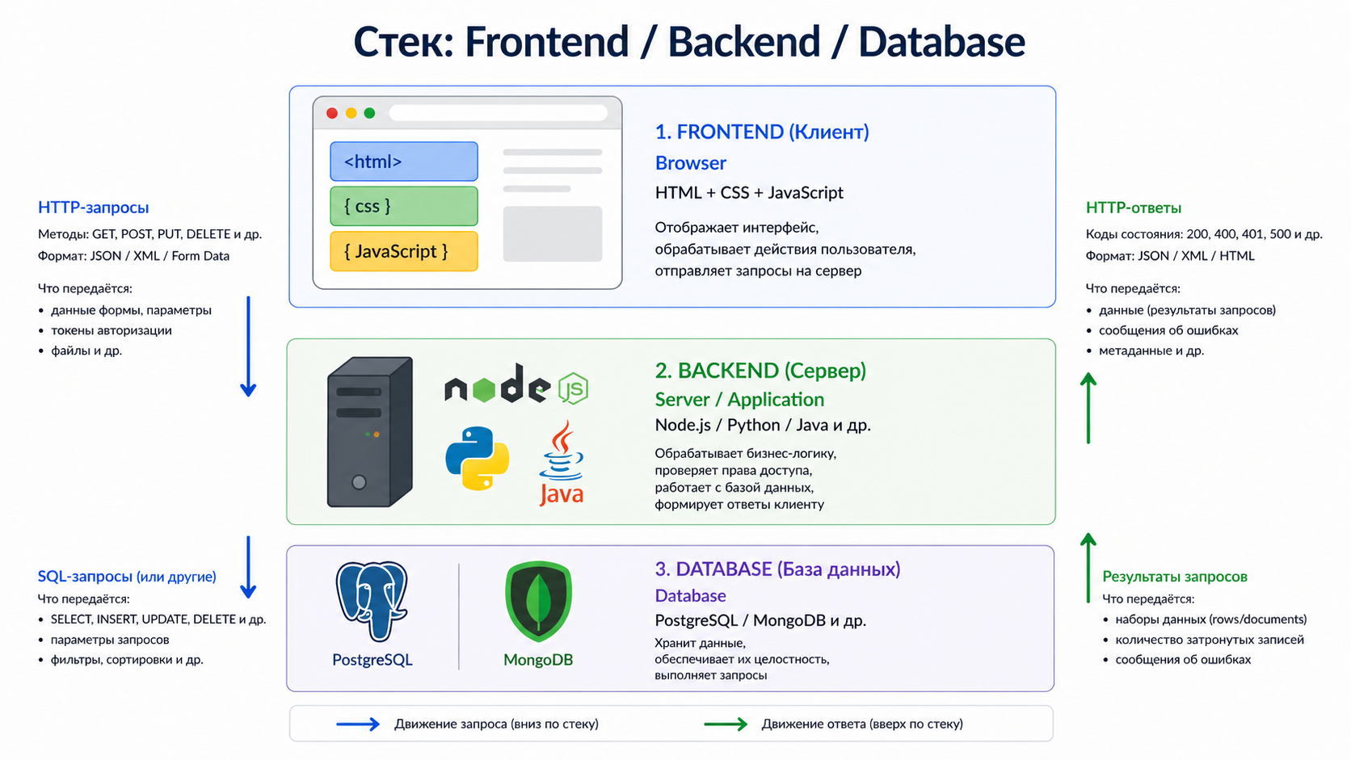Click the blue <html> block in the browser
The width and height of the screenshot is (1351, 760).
[x=403, y=162]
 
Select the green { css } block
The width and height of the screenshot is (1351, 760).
[x=403, y=206]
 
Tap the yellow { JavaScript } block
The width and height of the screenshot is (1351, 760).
[x=403, y=251]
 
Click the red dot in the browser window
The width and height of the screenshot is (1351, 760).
[x=331, y=113]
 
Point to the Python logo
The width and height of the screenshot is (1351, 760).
[x=478, y=458]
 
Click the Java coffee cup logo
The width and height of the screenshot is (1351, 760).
[x=562, y=462]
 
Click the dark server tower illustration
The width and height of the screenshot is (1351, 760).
[x=369, y=432]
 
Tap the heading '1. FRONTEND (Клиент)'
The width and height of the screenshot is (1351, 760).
[x=761, y=132]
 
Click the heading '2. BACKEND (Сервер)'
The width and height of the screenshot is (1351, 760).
[x=760, y=371]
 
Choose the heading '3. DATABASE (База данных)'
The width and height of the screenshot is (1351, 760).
[x=777, y=569]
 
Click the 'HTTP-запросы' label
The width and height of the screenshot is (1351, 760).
[x=94, y=208]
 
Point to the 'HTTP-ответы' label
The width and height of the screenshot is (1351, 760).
[x=1133, y=208]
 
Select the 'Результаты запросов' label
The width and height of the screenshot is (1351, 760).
[x=1174, y=577]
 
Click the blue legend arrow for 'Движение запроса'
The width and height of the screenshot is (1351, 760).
[x=358, y=724]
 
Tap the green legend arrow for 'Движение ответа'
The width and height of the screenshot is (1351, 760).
[x=726, y=724]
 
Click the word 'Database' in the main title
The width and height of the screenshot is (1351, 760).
[x=941, y=42]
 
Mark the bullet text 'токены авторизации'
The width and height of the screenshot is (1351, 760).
[x=112, y=330]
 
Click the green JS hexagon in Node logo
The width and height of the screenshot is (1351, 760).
[x=573, y=389]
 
